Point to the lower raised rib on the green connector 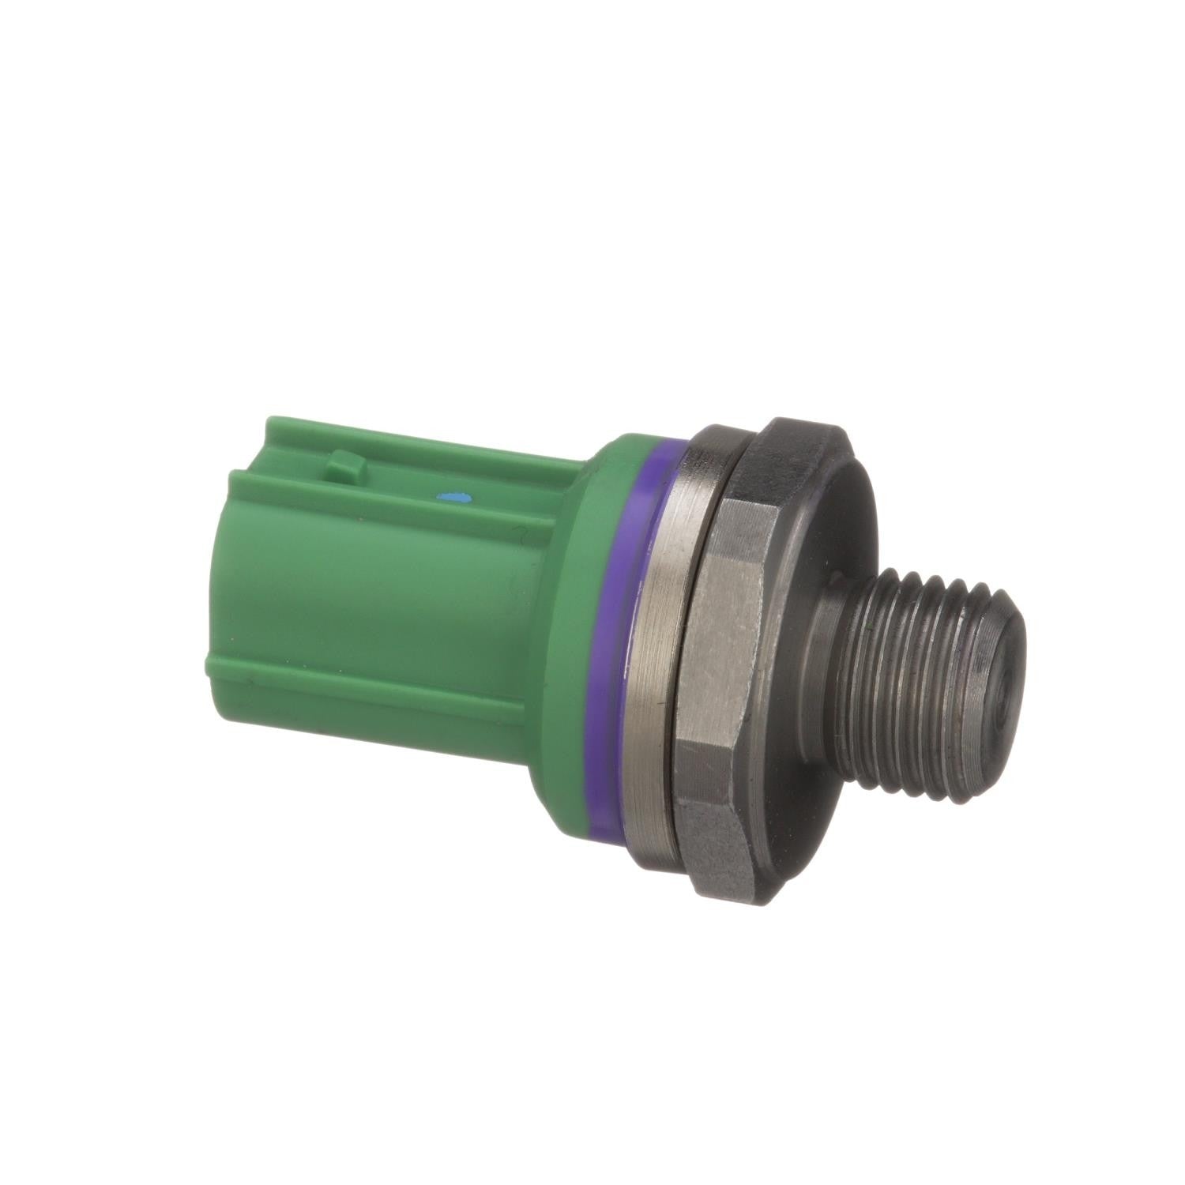pyautogui.click(x=379, y=671)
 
